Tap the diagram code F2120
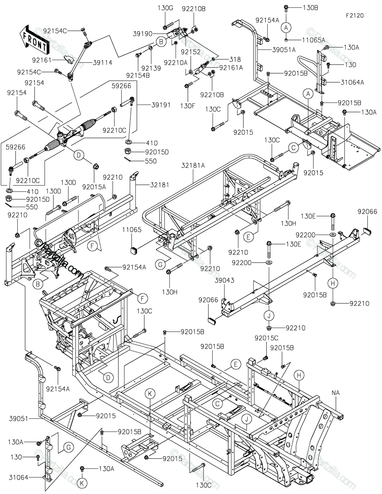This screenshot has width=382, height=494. tap(355, 16)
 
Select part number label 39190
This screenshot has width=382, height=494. tap(143, 34)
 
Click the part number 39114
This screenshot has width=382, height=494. tap(102, 63)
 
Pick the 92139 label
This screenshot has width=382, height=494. tap(151, 68)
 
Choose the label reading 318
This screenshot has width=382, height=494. tap(235, 59)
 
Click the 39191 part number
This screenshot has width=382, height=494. tap(161, 105)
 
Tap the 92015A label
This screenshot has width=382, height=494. tap(94, 187)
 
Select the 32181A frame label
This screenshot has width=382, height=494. tap(193, 165)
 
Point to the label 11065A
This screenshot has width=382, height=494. tap(313, 40)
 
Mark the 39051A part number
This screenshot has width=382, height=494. tap(284, 49)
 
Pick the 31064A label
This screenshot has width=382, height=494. tap(352, 82)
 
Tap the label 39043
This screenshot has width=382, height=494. tap(225, 280)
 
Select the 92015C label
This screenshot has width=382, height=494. tap(266, 338)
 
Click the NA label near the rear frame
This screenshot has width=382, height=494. tap(336, 393)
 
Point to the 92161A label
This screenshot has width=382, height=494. tap(231, 68)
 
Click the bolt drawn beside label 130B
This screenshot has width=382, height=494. tap(286, 9)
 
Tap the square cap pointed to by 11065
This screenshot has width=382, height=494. tap(134, 250)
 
